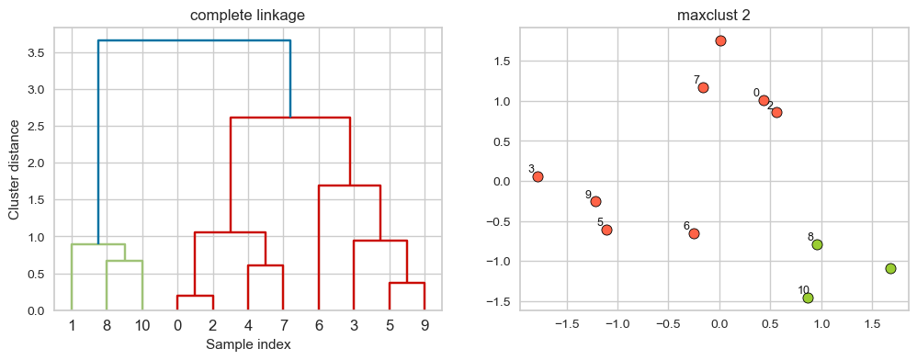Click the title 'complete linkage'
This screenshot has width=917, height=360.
(x=248, y=16)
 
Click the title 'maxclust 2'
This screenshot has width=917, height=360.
(x=714, y=16)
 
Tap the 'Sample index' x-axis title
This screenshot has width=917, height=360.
(x=248, y=344)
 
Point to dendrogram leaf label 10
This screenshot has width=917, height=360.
(x=142, y=324)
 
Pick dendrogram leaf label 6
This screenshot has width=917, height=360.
(x=318, y=324)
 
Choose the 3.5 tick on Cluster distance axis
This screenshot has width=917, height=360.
(x=35, y=53)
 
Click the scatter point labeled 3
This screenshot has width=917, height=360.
(x=538, y=176)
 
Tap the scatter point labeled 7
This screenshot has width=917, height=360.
(x=703, y=87)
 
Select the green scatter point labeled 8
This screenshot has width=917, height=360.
(x=817, y=244)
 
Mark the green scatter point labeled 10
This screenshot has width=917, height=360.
(x=808, y=298)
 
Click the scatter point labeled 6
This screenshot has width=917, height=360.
(x=694, y=233)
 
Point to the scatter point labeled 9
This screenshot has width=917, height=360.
(x=595, y=201)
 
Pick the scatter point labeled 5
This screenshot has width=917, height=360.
(x=606, y=230)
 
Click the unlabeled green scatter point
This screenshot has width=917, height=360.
(x=890, y=268)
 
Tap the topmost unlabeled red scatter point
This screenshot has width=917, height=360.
(x=720, y=40)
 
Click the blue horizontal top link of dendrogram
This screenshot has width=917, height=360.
(x=194, y=40)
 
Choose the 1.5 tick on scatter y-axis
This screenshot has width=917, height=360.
(x=502, y=62)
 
